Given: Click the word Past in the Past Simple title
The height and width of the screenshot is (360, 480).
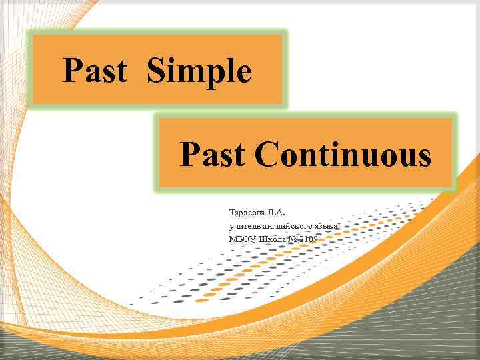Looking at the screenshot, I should tap(95, 71).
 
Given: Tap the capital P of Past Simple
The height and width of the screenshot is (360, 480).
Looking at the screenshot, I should tap(72, 71).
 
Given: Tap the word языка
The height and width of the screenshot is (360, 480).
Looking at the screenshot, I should tap(328, 227).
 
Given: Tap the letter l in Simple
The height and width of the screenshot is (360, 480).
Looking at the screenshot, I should tap(230, 71).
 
